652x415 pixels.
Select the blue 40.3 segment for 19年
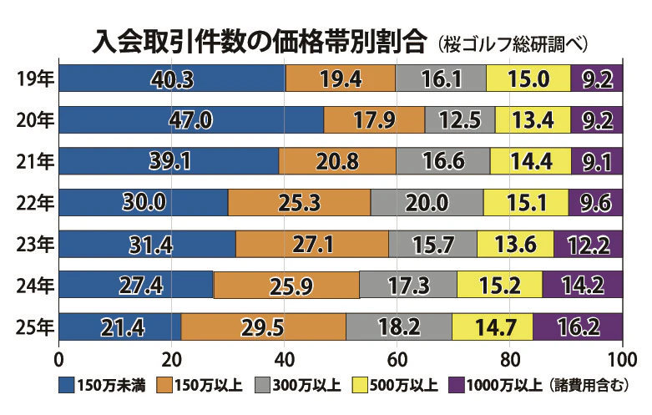172,78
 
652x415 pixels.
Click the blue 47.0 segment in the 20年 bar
191,119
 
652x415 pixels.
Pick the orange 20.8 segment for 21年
337,160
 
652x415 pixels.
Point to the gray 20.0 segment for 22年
426,201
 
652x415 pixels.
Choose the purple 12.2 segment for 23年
588,244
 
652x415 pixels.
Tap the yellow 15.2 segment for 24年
498,285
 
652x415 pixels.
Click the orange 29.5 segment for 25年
263,326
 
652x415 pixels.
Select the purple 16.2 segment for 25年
578,326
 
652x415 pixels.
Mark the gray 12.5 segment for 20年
459,119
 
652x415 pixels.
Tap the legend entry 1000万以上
501,385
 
